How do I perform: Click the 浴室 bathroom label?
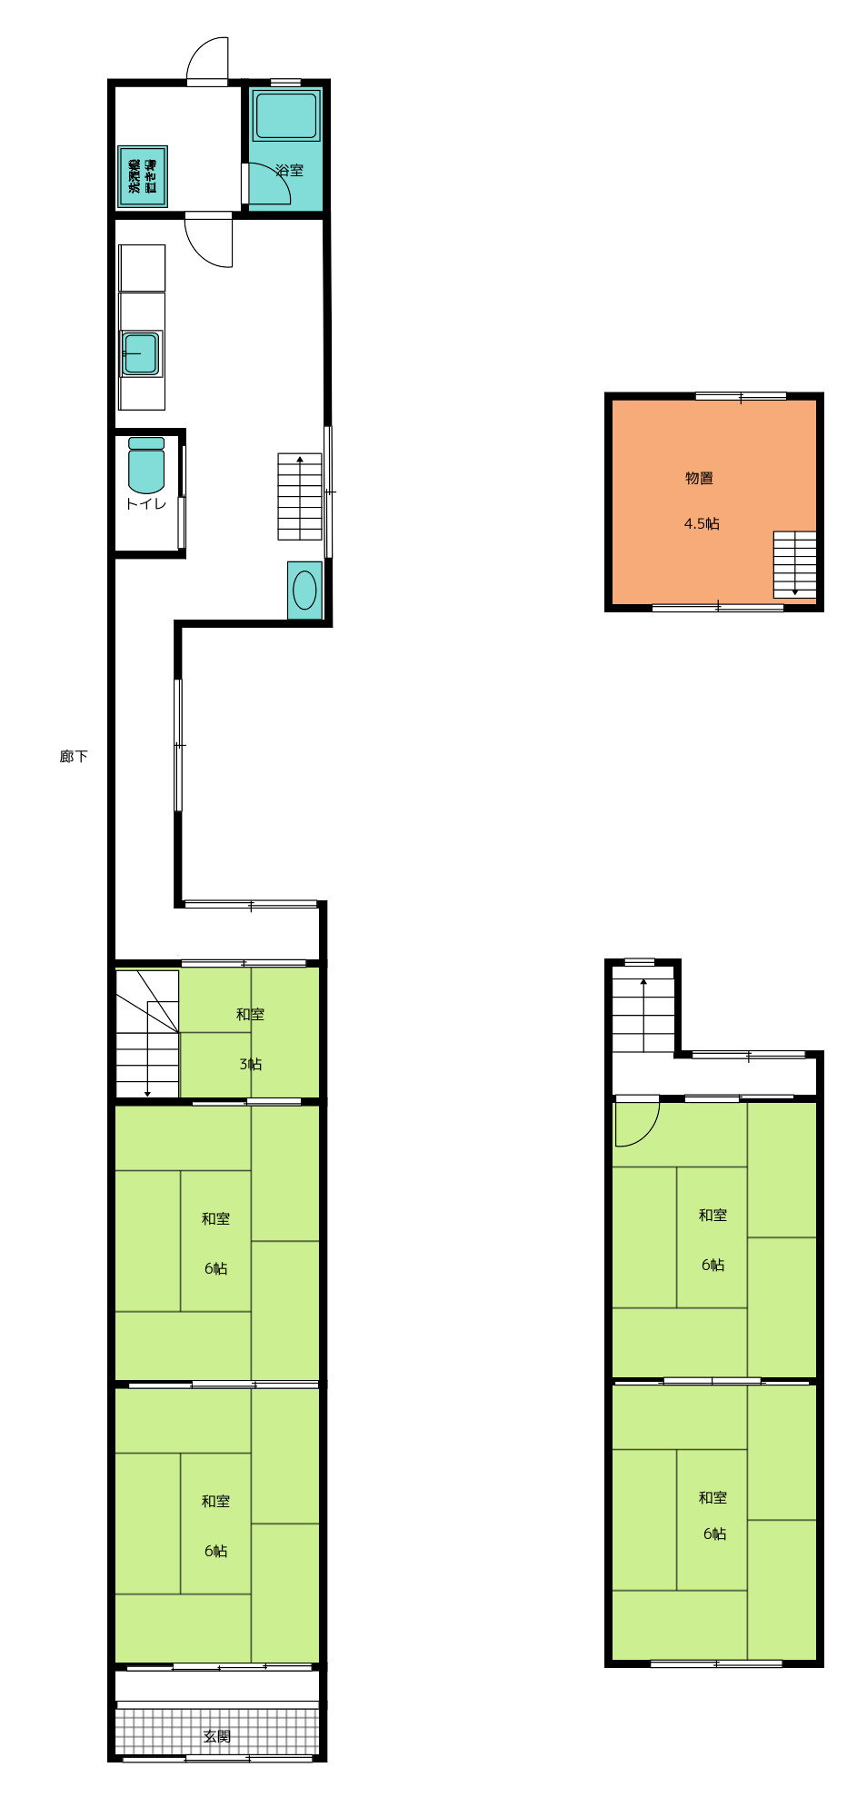290,170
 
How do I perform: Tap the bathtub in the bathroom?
286,115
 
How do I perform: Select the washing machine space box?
143,176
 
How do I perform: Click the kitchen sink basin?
141,353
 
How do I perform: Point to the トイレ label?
145,503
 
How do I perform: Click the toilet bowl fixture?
146,465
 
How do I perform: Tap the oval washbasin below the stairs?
304,591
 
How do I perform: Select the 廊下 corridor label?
74,756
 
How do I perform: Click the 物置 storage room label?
699,478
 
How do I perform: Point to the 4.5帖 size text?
702,523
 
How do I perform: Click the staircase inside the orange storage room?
794,564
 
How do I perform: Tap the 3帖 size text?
251,1064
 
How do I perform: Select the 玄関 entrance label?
216,1736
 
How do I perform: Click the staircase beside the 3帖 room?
147,1034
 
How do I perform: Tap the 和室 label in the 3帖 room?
251,1014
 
